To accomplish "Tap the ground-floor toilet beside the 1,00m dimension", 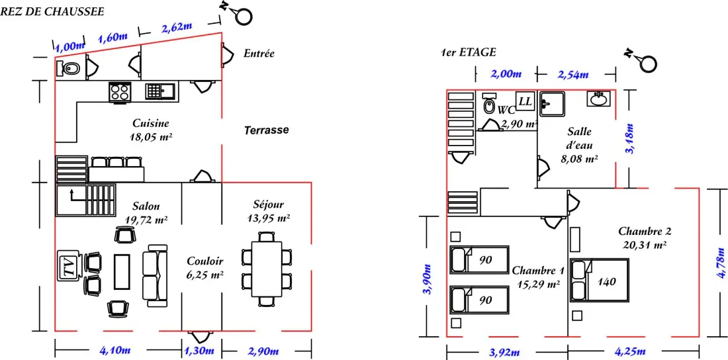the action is (x=68, y=69).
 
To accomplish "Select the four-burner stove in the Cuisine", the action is (x=119, y=91).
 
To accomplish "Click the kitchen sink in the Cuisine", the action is (x=161, y=91).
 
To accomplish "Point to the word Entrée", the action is (x=259, y=54).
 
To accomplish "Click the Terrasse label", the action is (x=267, y=130).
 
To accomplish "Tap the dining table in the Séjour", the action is (x=267, y=269).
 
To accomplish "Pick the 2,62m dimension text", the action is (x=177, y=27).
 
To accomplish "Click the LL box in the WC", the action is (x=525, y=101).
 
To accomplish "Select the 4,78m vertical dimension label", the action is (x=720, y=263).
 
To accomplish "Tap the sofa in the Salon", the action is (x=156, y=275).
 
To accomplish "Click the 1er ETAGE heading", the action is (x=469, y=52).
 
